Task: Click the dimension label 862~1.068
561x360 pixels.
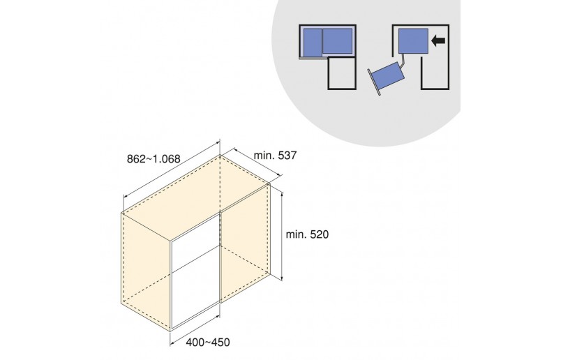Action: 154,158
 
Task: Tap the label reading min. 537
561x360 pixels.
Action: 275,156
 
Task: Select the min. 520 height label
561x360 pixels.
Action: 307,234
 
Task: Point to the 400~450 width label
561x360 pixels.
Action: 207,343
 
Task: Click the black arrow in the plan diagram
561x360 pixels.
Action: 438,40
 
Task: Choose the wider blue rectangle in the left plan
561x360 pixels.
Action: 338,40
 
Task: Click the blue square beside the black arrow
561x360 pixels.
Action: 413,40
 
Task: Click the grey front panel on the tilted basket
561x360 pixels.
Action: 373,82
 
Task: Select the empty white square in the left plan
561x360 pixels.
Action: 342,73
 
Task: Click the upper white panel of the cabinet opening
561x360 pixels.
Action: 195,243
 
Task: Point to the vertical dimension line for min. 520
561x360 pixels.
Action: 283,237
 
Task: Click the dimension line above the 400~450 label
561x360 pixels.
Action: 195,329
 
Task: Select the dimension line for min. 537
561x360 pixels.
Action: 257,162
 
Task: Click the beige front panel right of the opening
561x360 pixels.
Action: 245,243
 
